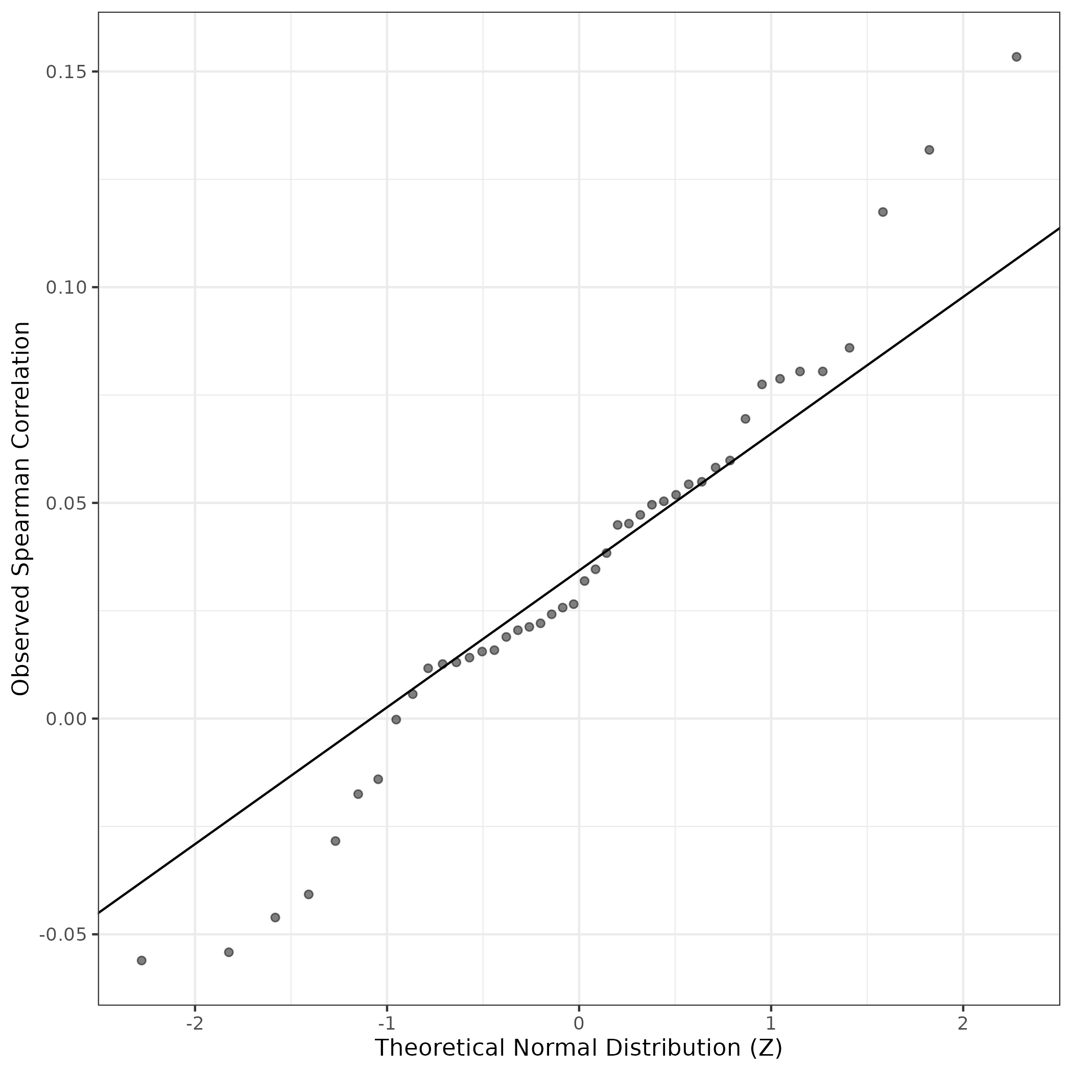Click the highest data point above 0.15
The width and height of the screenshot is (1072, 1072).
pyautogui.click(x=1016, y=57)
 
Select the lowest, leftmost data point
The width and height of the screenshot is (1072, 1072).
pyautogui.click(x=141, y=961)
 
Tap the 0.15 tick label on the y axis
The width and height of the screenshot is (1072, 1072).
pyautogui.click(x=64, y=72)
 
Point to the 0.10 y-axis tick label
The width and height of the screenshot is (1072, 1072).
pyautogui.click(x=64, y=288)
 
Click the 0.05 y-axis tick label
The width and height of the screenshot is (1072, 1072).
pyautogui.click(x=64, y=503)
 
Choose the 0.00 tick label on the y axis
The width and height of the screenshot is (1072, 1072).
pyautogui.click(x=64, y=719)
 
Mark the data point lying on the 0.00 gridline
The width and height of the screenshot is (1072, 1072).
pyautogui.click(x=396, y=720)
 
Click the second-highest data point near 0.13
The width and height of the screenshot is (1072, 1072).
pyautogui.click(x=930, y=150)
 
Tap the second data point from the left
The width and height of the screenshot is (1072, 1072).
pyautogui.click(x=229, y=952)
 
